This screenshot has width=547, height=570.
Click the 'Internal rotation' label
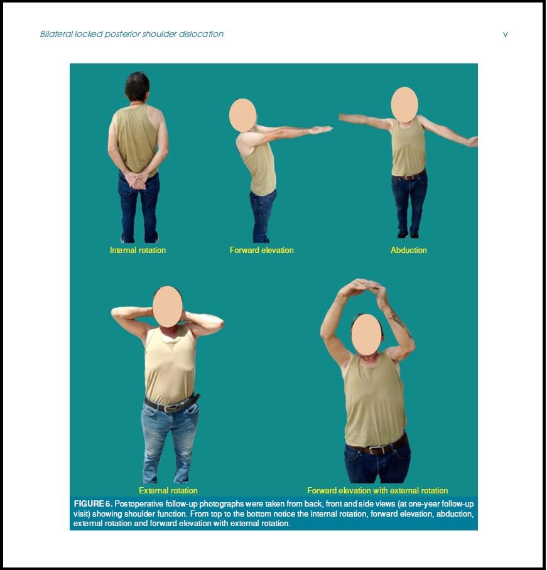pyautogui.click(x=138, y=250)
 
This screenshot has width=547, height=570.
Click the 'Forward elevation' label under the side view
pyautogui.click(x=261, y=250)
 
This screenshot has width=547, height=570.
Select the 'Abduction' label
pyautogui.click(x=408, y=250)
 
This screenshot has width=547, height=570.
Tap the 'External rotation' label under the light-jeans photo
pyautogui.click(x=168, y=490)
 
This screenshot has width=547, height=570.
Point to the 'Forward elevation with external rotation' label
pyautogui.click(x=377, y=490)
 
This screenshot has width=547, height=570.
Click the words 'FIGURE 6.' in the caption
pyautogui.click(x=93, y=504)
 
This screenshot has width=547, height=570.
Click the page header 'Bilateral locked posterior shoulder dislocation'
pyautogui.click(x=132, y=35)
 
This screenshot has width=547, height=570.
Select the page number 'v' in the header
pyautogui.click(x=505, y=35)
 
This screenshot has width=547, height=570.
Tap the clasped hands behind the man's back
pyautogui.click(x=138, y=180)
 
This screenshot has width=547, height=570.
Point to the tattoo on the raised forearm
pyautogui.click(x=398, y=323)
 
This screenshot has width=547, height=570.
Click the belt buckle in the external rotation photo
pyautogui.click(x=169, y=407)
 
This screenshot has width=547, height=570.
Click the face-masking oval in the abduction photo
pyautogui.click(x=404, y=104)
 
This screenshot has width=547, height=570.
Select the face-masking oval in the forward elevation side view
pyautogui.click(x=242, y=116)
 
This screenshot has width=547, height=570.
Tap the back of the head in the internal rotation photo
pyautogui.click(x=137, y=87)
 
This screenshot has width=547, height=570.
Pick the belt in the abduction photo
pyautogui.click(x=409, y=176)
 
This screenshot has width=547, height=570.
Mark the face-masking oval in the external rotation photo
pyautogui.click(x=168, y=306)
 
